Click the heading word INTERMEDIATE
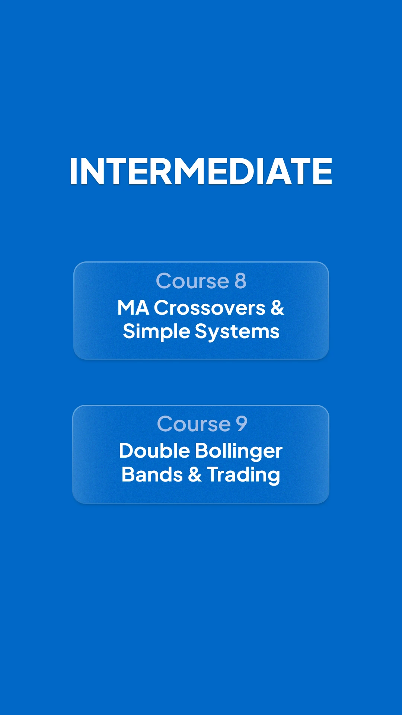click(201, 171)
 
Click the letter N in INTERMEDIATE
click(91, 171)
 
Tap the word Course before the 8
click(192, 281)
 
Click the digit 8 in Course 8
click(240, 281)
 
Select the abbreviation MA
click(133, 308)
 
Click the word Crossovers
click(210, 308)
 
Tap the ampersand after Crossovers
click(277, 308)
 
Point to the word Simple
click(156, 332)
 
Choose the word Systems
click(237, 332)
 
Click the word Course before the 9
click(194, 424)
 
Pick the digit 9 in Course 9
click(242, 424)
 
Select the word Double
click(154, 451)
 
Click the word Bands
click(152, 475)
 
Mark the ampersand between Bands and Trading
click(195, 475)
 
